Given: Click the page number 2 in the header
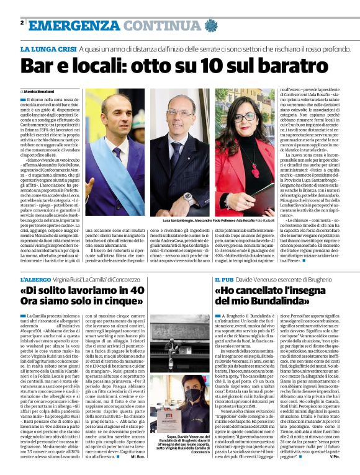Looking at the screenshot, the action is [x=22, y=23].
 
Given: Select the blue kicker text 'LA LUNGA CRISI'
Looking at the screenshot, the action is [x=48, y=48].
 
